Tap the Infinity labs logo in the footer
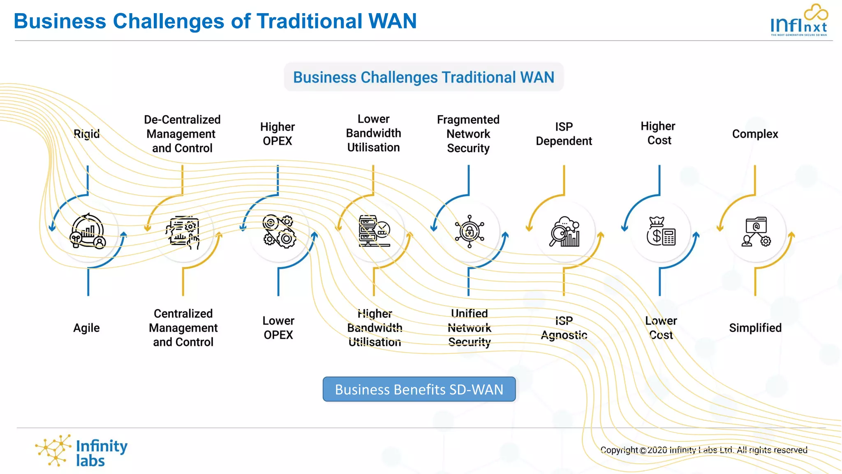pos(81,452)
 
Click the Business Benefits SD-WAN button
pos(419,389)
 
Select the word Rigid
pos(86,134)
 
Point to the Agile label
pos(86,328)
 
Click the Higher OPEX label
pos(278,134)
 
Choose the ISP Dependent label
pos(564,134)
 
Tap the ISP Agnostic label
pos(564,328)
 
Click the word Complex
pos(755,134)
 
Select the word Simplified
pos(755,328)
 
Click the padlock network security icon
pos(469,231)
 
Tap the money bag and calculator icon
pos(661,231)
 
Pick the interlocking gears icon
pos(279,231)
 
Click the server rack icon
pos(374,231)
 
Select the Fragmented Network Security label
pos(468,134)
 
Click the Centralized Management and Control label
pos(183,328)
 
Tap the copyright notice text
pos(703,450)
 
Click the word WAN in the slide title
pos(392,21)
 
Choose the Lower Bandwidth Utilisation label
pos(373,133)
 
